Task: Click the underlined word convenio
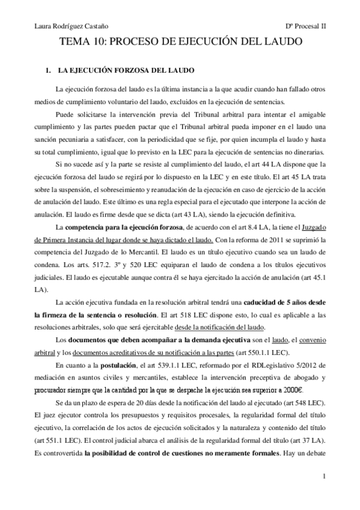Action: pyautogui.click(x=311, y=340)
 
